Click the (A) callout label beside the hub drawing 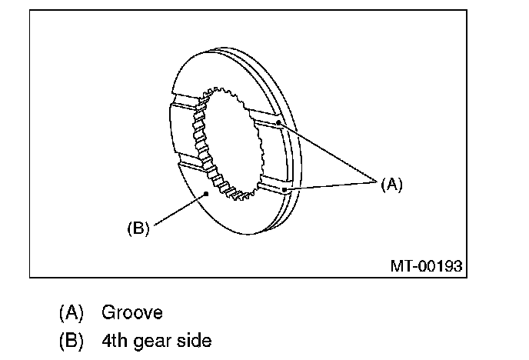(391, 184)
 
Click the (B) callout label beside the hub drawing (138, 228)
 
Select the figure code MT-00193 (426, 267)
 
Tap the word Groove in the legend (131, 313)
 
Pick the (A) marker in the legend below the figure (72, 313)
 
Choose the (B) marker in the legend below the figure (72, 339)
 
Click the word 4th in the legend (114, 339)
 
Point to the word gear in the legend (154, 339)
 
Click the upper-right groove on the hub (265, 121)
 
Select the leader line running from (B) (178, 211)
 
